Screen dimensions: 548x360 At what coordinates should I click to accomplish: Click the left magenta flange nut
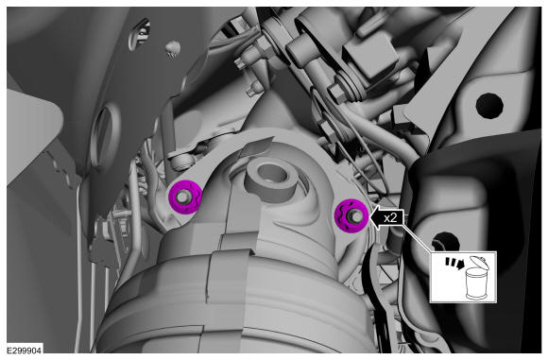point(185,197)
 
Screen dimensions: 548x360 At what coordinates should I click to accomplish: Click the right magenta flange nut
point(351,215)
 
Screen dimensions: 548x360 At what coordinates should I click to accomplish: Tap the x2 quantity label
point(390,218)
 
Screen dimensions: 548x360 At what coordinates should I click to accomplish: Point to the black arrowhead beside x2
point(377,218)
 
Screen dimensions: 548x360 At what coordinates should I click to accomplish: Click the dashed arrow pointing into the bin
point(454,264)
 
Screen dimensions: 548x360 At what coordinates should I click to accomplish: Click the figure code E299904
point(25,351)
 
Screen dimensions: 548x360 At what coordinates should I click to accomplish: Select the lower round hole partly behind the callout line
point(445,242)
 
